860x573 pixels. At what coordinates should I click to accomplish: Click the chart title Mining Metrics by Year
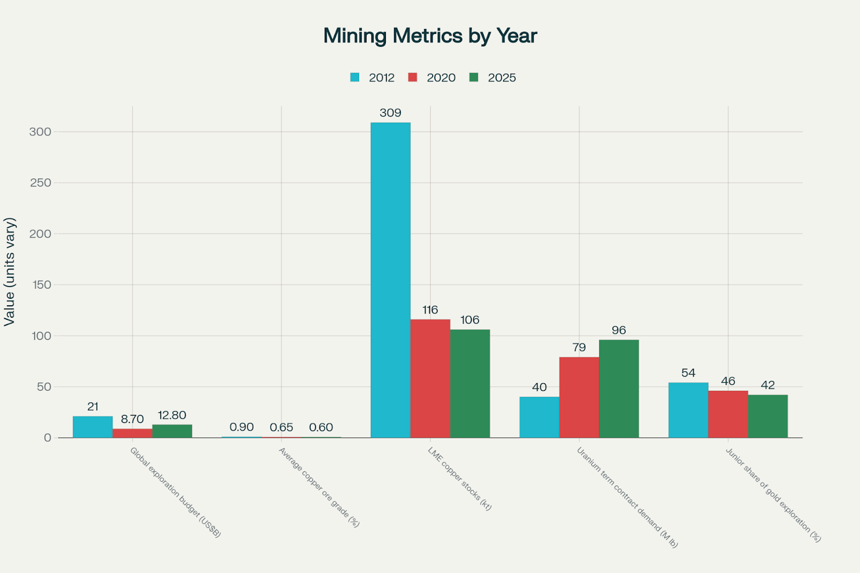coord(430,36)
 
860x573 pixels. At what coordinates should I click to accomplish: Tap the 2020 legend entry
coord(432,77)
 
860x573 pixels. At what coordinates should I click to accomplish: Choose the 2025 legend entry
coord(493,77)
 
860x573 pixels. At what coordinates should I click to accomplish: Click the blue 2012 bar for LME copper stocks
coord(391,280)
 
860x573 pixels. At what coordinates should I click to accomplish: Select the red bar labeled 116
coord(430,378)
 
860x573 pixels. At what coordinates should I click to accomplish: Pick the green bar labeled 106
coord(470,383)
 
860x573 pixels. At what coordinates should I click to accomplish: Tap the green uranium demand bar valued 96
coord(619,389)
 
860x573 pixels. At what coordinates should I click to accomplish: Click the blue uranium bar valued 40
coord(539,417)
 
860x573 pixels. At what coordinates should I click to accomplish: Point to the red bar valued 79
coord(579,397)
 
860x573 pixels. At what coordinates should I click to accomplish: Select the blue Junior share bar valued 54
coord(688,410)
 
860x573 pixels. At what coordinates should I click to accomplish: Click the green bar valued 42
coord(768,416)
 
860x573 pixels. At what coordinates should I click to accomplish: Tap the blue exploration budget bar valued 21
coord(92,427)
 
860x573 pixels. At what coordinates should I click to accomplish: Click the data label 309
coord(390,113)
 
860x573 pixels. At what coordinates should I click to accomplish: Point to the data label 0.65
coord(281,427)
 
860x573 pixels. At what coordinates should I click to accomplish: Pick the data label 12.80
coord(172,416)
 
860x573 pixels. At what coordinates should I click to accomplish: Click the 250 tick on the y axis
coord(40,183)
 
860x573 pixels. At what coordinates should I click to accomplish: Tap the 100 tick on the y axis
coord(40,336)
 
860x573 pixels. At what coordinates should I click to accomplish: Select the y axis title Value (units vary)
coord(10,271)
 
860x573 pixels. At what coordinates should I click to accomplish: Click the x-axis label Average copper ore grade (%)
coord(319,487)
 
